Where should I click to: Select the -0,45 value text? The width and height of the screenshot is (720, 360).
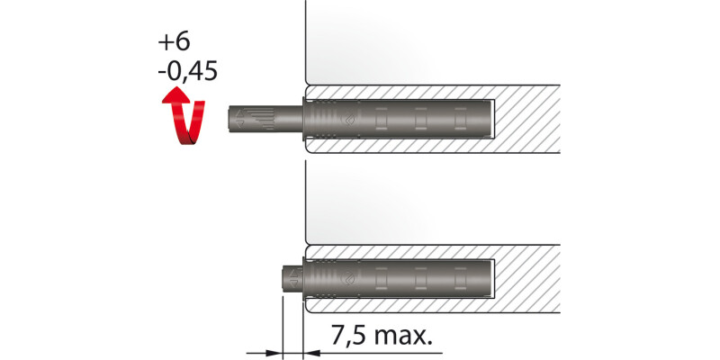point(186,71)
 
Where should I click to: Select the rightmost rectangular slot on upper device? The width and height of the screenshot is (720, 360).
point(460,118)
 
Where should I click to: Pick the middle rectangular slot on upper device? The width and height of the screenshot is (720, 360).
point(418,118)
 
